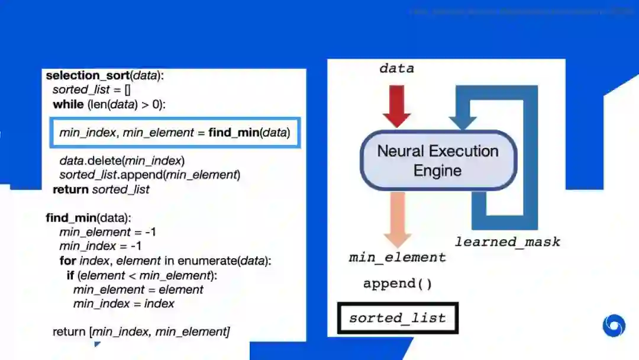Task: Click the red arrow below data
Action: pos(396,105)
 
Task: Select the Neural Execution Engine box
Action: pos(438,160)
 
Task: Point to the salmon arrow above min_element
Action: pos(397,218)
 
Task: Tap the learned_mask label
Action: pos(507,242)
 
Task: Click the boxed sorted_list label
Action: pos(398,318)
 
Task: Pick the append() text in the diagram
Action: pos(398,284)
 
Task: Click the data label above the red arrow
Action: pos(396,69)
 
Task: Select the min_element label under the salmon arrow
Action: pos(397,258)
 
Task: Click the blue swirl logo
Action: pos(614,326)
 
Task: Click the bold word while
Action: pos(69,104)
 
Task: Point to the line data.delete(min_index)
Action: pos(122,160)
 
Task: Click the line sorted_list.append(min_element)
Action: pos(150,175)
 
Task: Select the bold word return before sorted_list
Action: pos(71,189)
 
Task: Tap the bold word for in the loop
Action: pos(67,261)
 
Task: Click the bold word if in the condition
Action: pos(70,275)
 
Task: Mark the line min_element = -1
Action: pos(108,232)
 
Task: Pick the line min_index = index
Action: pos(124,304)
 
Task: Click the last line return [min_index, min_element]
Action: pos(141,332)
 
